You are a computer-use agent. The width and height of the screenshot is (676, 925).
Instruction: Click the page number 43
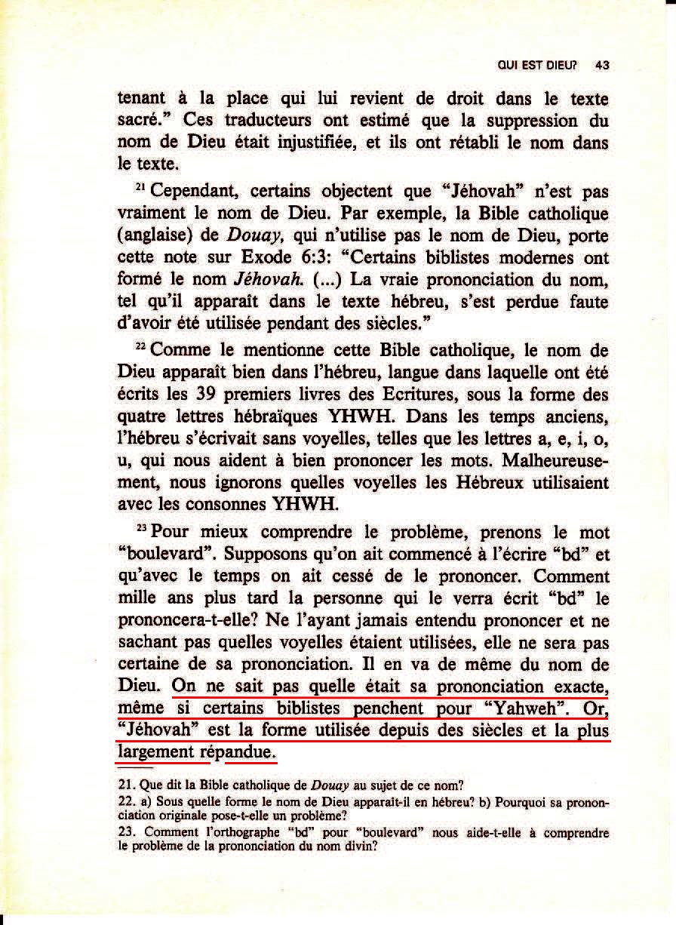(x=601, y=66)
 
